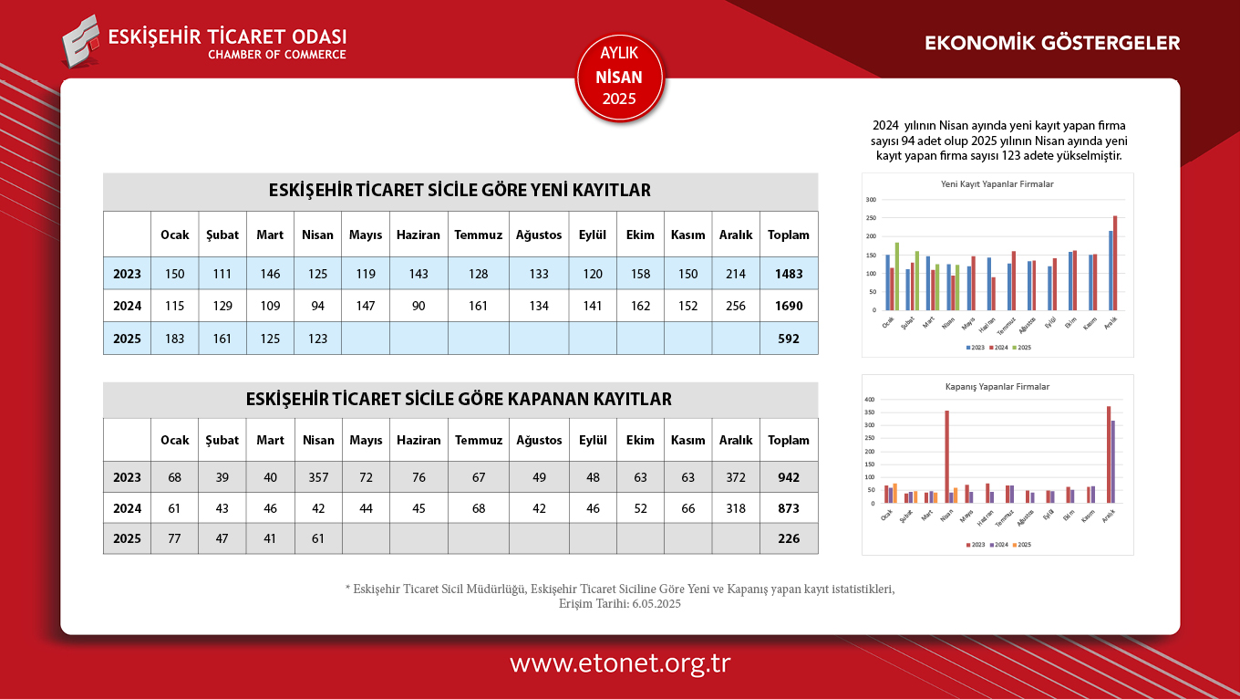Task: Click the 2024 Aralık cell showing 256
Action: pos(736,306)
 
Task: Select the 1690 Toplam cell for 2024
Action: pos(789,306)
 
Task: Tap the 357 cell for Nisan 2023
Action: pos(317,477)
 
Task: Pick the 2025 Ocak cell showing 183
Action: pos(174,339)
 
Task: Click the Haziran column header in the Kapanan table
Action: pos(418,440)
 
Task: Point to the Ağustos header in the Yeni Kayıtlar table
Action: pos(539,235)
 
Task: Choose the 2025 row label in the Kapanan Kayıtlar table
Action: pos(127,538)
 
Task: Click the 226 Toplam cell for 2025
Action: pos(789,538)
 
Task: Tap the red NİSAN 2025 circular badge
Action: pos(620,78)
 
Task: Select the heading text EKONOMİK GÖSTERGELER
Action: pos(1052,43)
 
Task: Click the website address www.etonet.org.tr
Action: pos(620,663)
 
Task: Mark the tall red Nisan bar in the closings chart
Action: pos(946,456)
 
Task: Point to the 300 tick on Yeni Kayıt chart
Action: pos(871,200)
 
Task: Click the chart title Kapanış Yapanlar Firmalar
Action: pos(997,387)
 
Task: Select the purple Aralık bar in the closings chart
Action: pos(1113,462)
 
